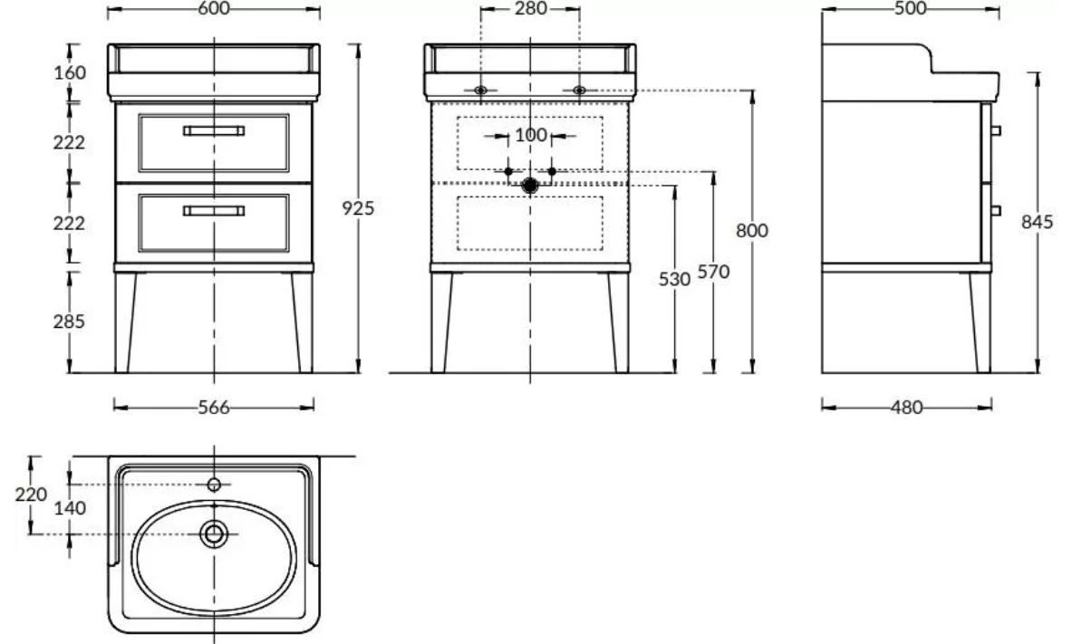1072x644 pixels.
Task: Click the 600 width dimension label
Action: point(214,9)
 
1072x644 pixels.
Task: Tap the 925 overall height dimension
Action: point(358,207)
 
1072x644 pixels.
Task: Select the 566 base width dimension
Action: point(214,408)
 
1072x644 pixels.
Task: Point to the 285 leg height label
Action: point(69,321)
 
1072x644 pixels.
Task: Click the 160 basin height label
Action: point(70,72)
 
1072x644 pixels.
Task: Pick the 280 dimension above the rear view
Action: point(530,9)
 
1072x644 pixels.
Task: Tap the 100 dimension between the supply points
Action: point(530,135)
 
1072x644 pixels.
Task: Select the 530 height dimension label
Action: point(675,279)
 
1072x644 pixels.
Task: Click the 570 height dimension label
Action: point(713,272)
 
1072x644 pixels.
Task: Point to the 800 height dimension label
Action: point(752,231)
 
